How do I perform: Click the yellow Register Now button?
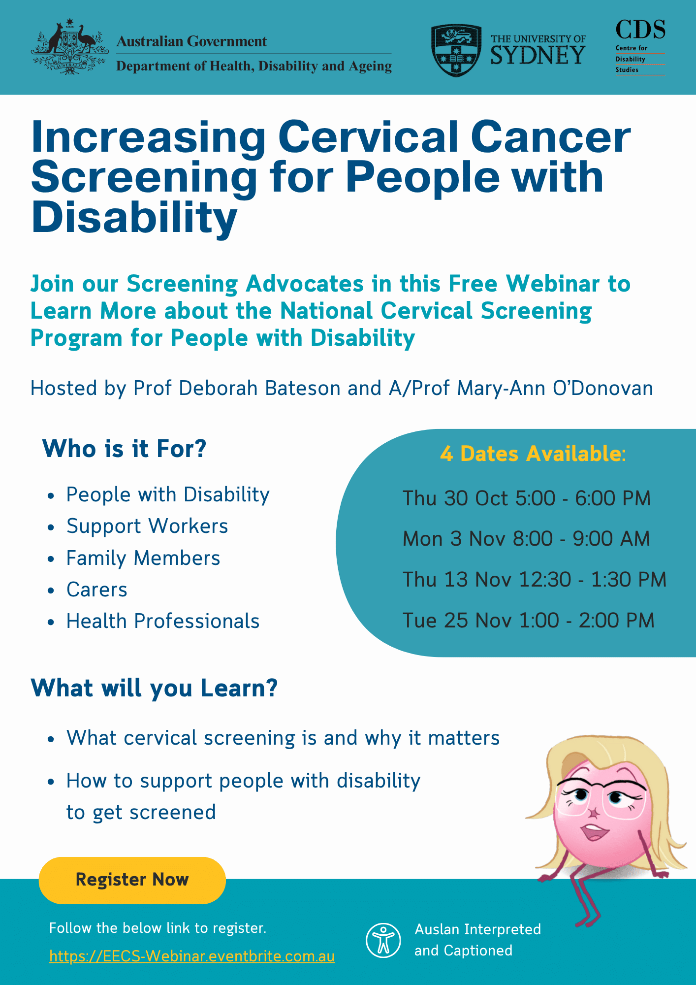(132, 880)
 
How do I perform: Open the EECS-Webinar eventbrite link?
(192, 956)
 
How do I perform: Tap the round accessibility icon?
(383, 940)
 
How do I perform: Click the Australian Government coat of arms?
(69, 47)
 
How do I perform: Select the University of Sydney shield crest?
(456, 51)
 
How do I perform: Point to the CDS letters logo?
(640, 30)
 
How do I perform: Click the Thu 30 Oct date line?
(527, 498)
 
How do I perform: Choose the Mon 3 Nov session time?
(526, 539)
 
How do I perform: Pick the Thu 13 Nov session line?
(535, 580)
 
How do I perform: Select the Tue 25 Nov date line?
(529, 621)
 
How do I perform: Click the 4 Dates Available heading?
(533, 454)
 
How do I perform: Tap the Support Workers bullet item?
(147, 526)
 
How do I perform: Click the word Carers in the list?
(97, 590)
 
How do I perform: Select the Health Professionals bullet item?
(163, 621)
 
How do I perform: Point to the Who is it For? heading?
(124, 449)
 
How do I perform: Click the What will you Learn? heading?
(154, 688)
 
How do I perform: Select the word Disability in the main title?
(134, 218)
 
